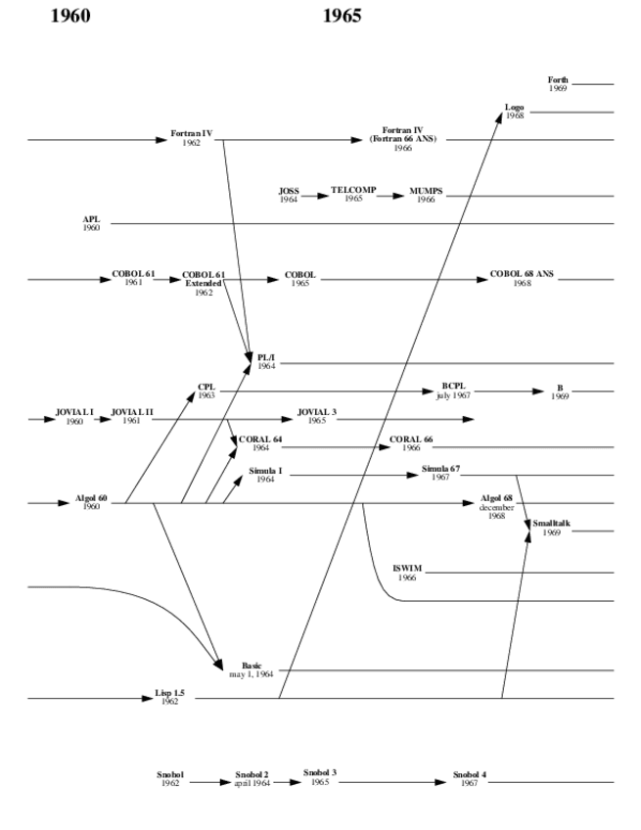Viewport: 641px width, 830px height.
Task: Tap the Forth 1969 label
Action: [x=558, y=84]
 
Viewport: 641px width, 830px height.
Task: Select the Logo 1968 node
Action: [x=514, y=111]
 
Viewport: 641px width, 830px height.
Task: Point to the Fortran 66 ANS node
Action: [x=402, y=139]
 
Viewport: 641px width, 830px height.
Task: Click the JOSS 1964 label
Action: [x=288, y=195]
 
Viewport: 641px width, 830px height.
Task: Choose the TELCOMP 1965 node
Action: [x=353, y=193]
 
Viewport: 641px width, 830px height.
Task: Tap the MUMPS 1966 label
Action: [x=426, y=195]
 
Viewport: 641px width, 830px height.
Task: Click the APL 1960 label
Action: [x=91, y=223]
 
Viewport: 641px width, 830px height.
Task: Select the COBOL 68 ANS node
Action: [x=522, y=279]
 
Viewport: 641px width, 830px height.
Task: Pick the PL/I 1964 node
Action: [x=266, y=362]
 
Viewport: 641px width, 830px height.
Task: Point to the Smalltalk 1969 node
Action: [x=551, y=530]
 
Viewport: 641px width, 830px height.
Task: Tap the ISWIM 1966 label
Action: [x=407, y=573]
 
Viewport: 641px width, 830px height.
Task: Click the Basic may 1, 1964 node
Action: [x=252, y=670]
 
